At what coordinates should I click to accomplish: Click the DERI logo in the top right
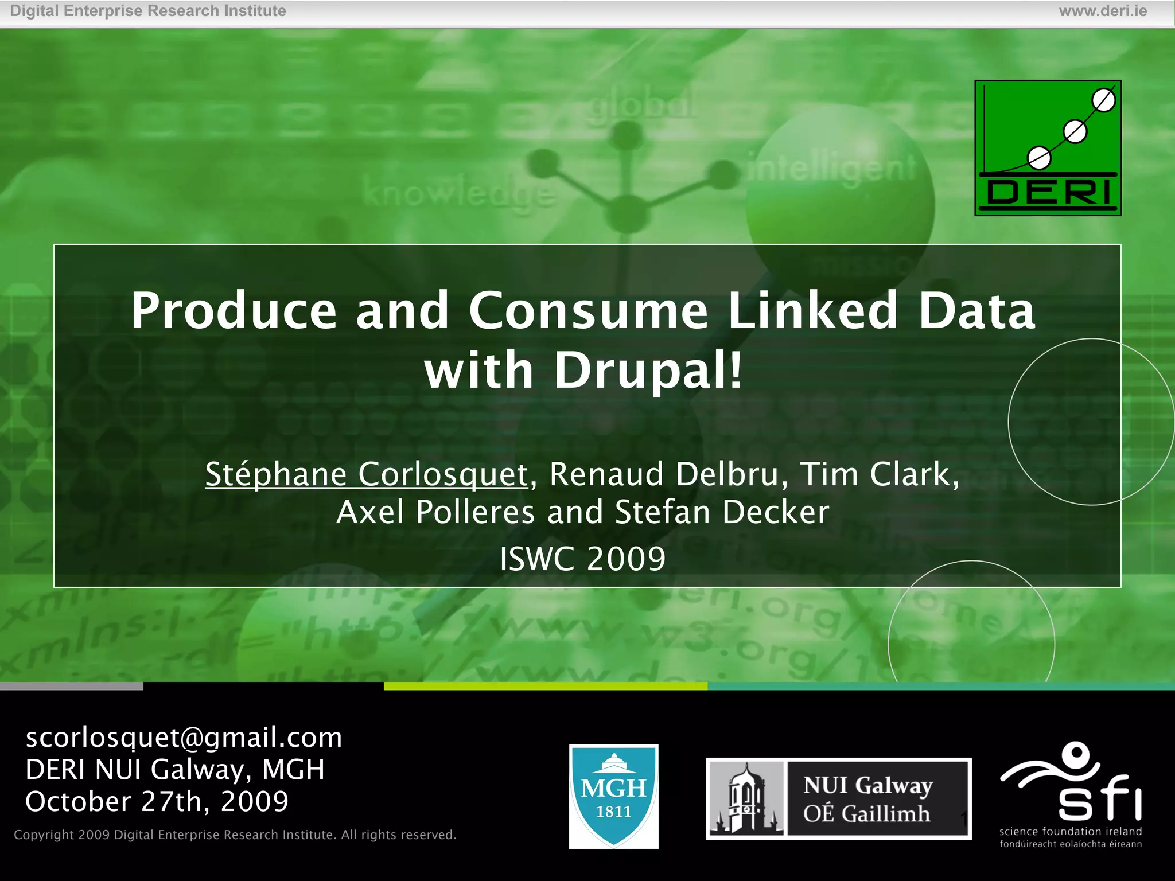1048,148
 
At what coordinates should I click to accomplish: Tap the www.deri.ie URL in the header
1103,11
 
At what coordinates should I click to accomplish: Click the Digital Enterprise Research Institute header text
148,11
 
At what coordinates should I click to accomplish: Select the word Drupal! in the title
648,371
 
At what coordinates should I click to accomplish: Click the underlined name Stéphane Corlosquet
366,474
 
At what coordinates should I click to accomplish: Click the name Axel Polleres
435,512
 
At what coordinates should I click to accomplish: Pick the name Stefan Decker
722,512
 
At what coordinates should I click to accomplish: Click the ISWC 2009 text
582,559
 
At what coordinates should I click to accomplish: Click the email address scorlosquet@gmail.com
184,737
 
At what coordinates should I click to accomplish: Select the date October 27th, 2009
157,801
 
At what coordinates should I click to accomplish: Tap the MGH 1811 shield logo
613,796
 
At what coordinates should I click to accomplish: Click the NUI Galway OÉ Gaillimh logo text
867,799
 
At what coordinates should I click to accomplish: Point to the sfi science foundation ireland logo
1071,795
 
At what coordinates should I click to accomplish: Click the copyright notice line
235,835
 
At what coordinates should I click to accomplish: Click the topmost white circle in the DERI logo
1103,101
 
